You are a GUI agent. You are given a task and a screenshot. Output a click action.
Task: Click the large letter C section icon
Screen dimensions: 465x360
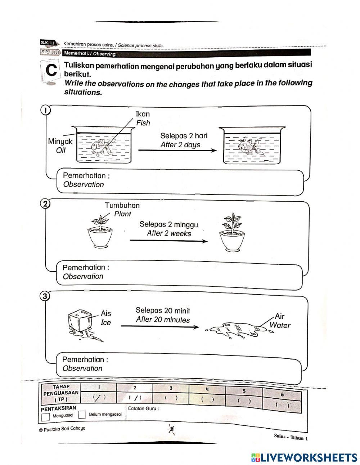pyautogui.click(x=51, y=71)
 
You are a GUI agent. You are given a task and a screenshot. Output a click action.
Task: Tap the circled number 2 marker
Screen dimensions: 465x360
pyautogui.click(x=45, y=204)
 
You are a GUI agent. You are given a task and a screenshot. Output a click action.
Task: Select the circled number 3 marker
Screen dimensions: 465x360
pyautogui.click(x=44, y=296)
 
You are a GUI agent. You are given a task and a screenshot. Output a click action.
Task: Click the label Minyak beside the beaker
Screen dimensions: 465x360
pyautogui.click(x=60, y=142)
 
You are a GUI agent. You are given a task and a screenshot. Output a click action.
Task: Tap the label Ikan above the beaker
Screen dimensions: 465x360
pyautogui.click(x=143, y=114)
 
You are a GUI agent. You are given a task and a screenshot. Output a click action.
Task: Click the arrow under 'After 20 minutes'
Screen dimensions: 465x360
pyautogui.click(x=159, y=327)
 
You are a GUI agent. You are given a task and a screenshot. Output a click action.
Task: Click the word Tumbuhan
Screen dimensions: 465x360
pyautogui.click(x=122, y=205)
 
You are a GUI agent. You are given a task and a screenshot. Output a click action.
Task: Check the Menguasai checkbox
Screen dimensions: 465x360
pyautogui.click(x=45, y=417)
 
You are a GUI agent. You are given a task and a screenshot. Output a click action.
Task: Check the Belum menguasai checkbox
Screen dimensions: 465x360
pyautogui.click(x=82, y=415)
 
